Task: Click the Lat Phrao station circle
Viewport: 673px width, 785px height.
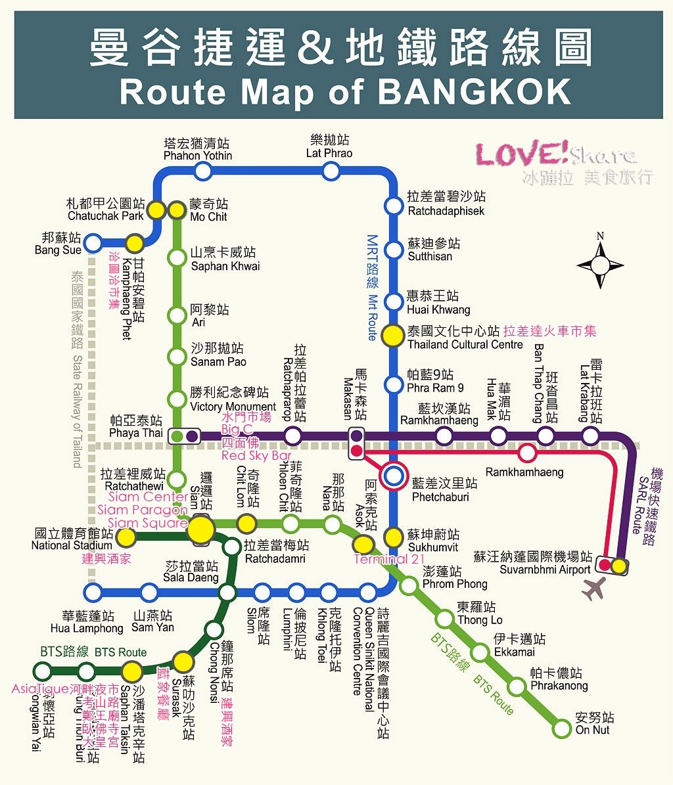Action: pos(331,171)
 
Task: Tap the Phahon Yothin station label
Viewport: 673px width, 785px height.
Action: pos(197,150)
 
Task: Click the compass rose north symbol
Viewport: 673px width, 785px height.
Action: pos(600,264)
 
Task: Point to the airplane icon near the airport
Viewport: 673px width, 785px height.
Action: pos(593,588)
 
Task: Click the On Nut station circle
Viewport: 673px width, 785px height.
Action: pos(562,728)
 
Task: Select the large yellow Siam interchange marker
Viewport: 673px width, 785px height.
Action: pos(201,529)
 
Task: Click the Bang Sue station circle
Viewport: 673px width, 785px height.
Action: pos(93,242)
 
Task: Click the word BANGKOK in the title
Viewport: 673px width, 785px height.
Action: pos(475,93)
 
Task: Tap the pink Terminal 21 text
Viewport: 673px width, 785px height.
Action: pos(389,560)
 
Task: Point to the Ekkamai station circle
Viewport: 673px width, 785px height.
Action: pos(480,652)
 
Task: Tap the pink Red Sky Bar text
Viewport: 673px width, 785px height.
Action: pos(256,455)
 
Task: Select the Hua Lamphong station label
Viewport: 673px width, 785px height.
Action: pos(87,622)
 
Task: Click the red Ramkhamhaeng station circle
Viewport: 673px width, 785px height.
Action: pos(526,453)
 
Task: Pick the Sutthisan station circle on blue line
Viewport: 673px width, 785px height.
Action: pos(393,250)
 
